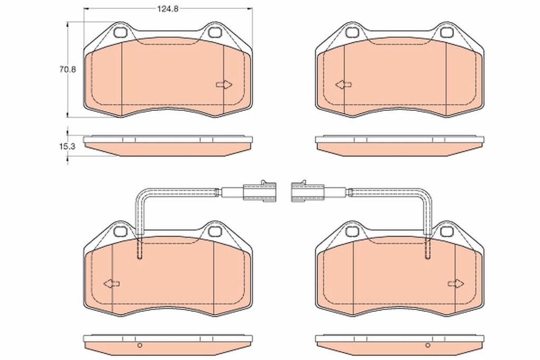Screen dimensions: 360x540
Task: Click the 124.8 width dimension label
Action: coord(167,8)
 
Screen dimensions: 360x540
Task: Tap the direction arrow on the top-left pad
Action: coord(224,85)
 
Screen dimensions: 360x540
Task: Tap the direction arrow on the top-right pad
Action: coord(343,85)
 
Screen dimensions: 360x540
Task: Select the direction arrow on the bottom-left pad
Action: coord(111,284)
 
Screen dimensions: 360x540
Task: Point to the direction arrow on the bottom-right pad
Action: coord(456,284)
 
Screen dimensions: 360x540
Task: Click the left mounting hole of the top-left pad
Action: coord(120,33)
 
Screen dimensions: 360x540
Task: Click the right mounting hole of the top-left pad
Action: coord(214,33)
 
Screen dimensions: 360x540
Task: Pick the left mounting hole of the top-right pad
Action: coord(352,33)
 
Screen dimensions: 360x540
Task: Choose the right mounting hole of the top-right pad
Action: coord(446,33)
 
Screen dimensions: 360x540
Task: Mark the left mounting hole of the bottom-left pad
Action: coord(120,231)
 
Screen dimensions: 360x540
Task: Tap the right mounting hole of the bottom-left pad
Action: coord(214,231)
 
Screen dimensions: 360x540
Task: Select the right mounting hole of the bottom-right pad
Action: coord(446,231)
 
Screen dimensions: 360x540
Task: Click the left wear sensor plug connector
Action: coord(258,192)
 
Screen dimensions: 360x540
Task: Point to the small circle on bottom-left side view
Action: coord(140,346)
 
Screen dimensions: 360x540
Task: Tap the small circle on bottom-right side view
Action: coord(427,346)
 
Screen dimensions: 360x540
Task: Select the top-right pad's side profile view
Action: coord(399,145)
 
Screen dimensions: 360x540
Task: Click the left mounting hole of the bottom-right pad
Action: coord(352,231)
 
